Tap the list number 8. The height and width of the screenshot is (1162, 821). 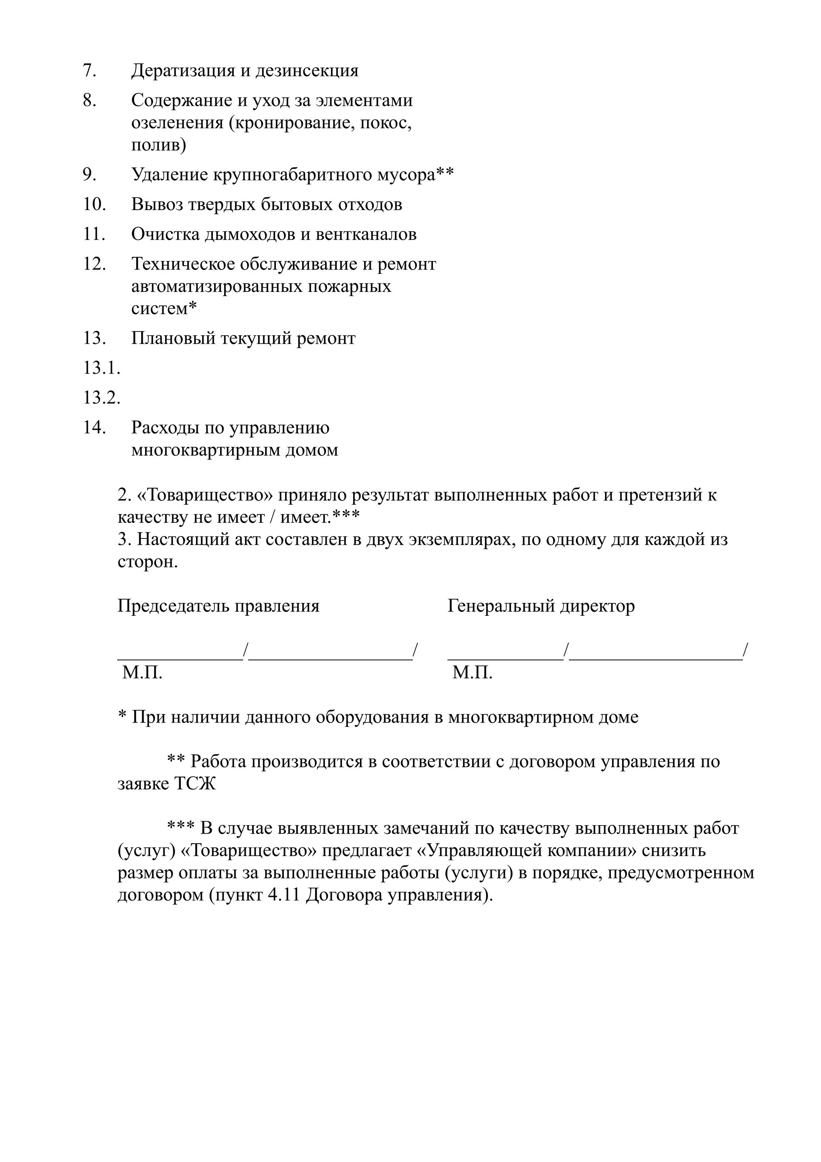pyautogui.click(x=89, y=100)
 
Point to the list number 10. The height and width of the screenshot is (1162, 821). pyautogui.click(x=94, y=204)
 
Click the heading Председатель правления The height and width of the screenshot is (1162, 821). pyautogui.click(x=218, y=606)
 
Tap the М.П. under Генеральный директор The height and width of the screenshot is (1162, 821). pyautogui.click(x=472, y=672)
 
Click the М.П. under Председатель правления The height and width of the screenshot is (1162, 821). pyautogui.click(x=142, y=672)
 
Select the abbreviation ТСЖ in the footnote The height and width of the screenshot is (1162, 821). pyautogui.click(x=195, y=784)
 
